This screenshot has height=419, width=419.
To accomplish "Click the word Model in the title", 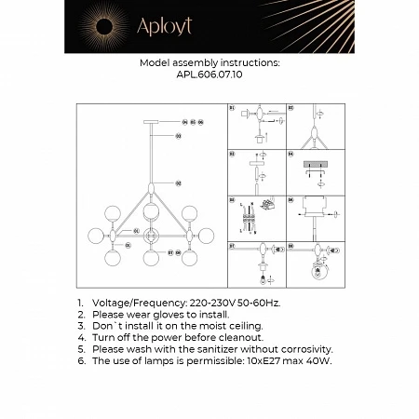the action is [x=156, y=63].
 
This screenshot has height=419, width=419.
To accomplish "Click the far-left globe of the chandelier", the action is [x=96, y=235].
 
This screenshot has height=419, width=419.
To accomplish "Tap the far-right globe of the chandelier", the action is [x=206, y=235].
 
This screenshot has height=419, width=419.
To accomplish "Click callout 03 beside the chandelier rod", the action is [x=178, y=137].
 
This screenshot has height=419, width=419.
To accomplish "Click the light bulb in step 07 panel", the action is [x=263, y=279].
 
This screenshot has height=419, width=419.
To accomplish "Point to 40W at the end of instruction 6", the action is [x=318, y=359].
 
